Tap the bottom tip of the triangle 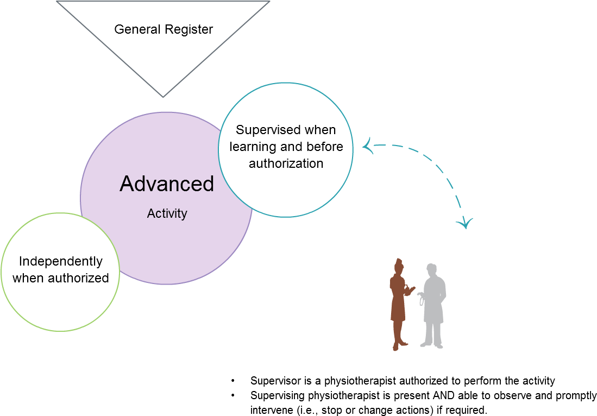coord(162,96)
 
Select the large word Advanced coord(167,184)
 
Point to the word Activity coord(167,213)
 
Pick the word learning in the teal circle coord(253,147)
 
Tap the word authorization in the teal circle coord(286,163)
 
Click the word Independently coord(60,261)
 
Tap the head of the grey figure coord(432,270)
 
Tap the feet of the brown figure coord(399,345)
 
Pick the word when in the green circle coord(27,278)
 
